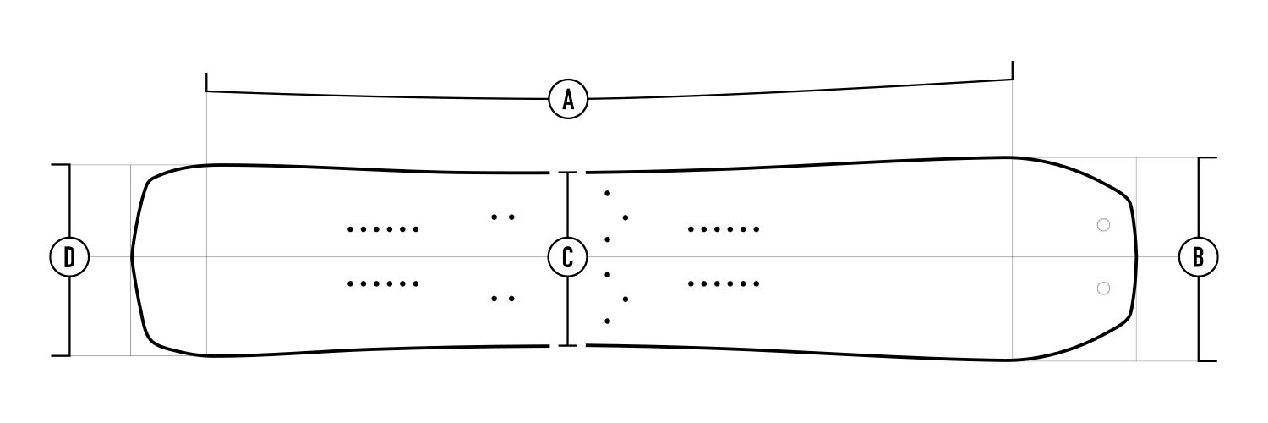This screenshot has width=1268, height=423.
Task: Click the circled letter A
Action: tap(568, 99)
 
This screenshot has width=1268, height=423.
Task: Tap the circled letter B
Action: tap(1198, 256)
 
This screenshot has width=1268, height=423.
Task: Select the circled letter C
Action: tap(567, 256)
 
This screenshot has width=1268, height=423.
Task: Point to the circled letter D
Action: tap(69, 256)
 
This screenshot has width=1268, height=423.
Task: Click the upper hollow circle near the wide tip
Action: tap(1102, 225)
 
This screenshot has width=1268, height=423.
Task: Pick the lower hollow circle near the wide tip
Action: tap(1102, 288)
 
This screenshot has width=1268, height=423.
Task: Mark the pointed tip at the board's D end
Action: tap(132, 256)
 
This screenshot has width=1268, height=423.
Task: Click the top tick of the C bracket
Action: tap(567, 173)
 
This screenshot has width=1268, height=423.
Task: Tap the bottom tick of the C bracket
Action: tap(567, 345)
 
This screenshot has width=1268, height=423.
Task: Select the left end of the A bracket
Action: tap(207, 74)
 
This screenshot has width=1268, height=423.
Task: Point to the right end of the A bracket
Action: tap(1013, 63)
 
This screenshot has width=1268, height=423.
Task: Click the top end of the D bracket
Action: tap(61, 165)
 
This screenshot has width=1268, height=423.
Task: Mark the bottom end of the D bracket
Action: tap(61, 355)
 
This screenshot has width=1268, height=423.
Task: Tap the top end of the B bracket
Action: tap(1207, 158)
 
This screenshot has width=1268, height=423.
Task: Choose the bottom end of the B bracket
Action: tap(1207, 360)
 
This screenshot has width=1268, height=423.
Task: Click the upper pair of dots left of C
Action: tap(503, 217)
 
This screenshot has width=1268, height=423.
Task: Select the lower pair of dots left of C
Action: tap(503, 298)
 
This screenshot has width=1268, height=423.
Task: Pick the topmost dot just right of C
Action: tap(608, 194)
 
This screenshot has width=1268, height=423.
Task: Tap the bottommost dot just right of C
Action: tap(608, 321)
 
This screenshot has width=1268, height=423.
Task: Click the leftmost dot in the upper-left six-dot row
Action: tap(350, 228)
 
